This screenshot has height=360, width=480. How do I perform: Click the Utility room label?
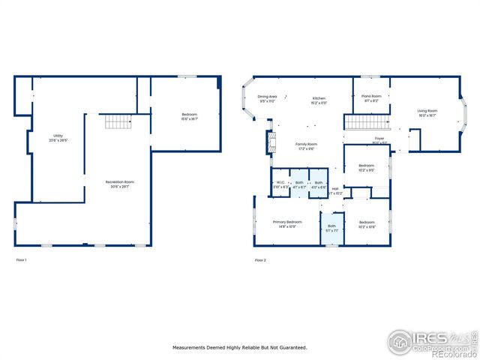pos(58,136)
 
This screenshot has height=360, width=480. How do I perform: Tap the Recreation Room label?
pos(119,182)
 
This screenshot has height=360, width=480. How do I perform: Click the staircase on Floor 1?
pos(118,121)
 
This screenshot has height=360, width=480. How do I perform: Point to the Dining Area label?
pos(268,97)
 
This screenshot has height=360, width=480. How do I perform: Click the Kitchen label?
pos(319,98)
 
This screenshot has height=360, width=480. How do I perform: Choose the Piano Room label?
pos(371,96)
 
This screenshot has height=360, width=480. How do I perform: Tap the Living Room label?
pos(427,111)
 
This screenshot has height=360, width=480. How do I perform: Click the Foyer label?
pos(380,139)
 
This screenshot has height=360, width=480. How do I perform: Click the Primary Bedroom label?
pos(287,222)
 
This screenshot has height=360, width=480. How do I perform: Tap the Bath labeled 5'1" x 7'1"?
pos(331,226)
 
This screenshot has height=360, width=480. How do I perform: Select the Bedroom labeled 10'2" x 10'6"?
pos(366,222)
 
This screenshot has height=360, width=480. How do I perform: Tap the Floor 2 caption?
pos(259,259)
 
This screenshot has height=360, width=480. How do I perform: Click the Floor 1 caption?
pos(21,259)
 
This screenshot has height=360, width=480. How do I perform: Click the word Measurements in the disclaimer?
pos(191,347)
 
